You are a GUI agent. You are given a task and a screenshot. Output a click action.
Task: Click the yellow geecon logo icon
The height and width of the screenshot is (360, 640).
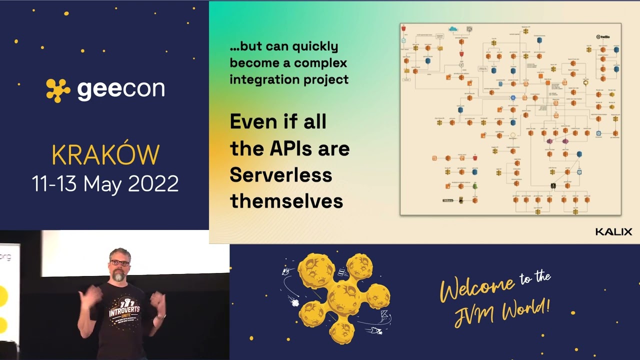[58, 90]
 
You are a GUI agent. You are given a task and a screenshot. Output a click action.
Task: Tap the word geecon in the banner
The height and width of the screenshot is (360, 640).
[121, 89]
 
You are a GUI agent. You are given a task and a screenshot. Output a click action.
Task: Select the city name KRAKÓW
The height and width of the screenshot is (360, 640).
[105, 155]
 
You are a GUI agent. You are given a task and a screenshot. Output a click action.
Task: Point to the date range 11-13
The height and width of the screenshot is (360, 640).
[55, 184]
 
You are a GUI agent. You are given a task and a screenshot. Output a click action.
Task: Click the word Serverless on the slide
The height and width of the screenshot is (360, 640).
[281, 174]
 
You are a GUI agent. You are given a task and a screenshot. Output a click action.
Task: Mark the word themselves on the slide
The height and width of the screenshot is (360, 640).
[286, 201]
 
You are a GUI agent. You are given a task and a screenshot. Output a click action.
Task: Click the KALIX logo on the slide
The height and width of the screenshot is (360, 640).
[613, 232]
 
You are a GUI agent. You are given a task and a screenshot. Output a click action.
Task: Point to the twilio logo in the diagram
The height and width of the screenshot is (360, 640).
[605, 36]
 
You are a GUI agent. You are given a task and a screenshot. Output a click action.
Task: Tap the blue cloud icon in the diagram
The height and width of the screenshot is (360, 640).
[453, 29]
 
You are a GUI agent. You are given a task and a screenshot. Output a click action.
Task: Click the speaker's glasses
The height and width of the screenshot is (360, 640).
[120, 262]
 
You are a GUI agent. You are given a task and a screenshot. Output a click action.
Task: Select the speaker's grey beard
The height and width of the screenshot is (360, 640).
[118, 275]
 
